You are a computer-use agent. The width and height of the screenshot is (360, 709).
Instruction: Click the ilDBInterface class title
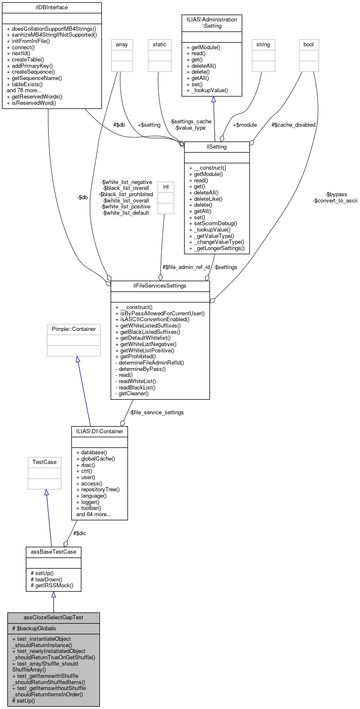[x=52, y=8]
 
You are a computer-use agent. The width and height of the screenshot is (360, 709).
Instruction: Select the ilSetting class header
[x=217, y=147]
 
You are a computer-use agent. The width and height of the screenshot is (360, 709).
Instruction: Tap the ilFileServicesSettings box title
[x=160, y=286]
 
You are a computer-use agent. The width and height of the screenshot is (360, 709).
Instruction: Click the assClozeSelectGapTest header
[x=53, y=618]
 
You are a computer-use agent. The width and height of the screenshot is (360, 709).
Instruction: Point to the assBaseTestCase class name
[x=53, y=552]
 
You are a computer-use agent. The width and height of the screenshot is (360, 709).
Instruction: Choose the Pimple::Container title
[x=74, y=329]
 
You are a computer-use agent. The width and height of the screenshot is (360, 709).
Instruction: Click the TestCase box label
[x=45, y=462]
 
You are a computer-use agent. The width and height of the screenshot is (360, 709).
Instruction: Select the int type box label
[x=166, y=187]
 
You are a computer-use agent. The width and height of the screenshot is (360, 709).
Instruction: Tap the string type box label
[x=263, y=45]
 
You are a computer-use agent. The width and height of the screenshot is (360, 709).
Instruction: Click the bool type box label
[x=309, y=45]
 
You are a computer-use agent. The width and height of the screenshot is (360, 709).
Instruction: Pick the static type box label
[x=160, y=45]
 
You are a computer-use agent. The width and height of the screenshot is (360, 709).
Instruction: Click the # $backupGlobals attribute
[x=34, y=628]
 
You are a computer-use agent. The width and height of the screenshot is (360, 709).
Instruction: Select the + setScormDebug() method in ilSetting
[x=213, y=224]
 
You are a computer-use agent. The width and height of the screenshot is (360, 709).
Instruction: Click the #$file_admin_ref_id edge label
[x=186, y=267]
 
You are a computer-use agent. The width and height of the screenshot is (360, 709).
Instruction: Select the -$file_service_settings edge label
[x=156, y=413]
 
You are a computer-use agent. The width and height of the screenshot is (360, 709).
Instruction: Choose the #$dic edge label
[x=80, y=533]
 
